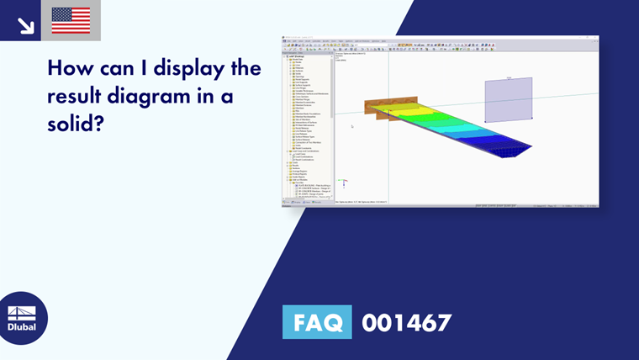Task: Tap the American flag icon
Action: [71, 20]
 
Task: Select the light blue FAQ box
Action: [317, 322]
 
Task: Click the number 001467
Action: [406, 322]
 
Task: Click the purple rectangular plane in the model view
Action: [508, 98]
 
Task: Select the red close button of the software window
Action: [595, 37]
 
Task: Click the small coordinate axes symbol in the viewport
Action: [342, 180]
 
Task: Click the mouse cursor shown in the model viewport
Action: [352, 127]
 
